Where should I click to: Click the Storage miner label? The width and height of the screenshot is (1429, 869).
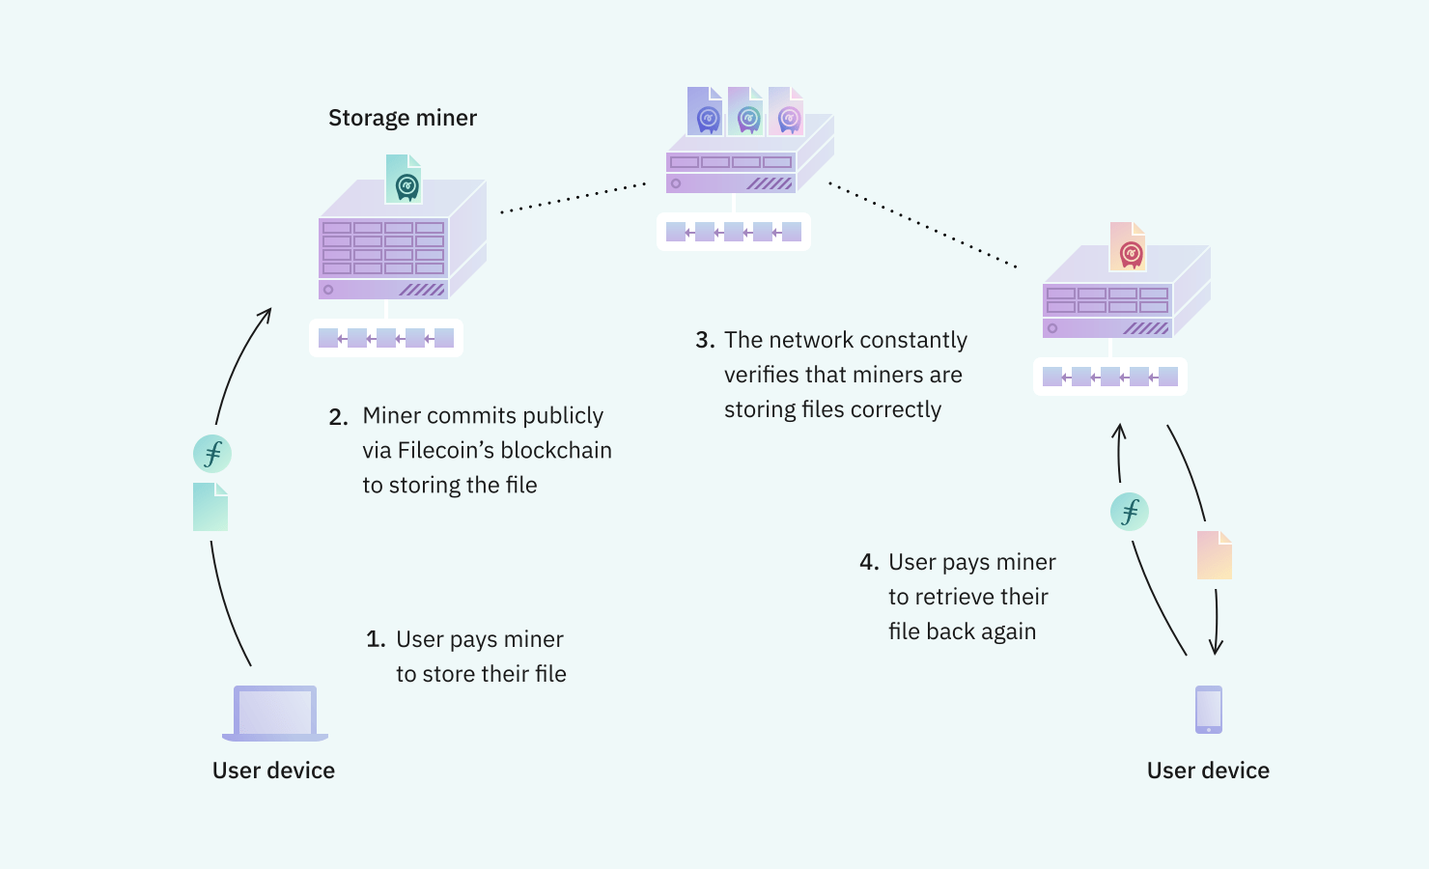click(x=402, y=118)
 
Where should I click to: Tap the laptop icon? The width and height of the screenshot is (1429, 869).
click(x=275, y=714)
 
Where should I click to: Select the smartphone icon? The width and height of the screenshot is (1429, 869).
click(x=1208, y=710)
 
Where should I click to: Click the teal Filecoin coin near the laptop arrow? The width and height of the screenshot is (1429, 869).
click(x=212, y=454)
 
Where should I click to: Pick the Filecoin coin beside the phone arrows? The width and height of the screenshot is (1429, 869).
click(x=1129, y=512)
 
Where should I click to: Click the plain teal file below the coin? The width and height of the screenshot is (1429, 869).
click(x=210, y=507)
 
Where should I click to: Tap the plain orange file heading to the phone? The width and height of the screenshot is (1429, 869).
click(x=1214, y=555)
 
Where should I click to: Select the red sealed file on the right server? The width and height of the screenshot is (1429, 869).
click(x=1128, y=247)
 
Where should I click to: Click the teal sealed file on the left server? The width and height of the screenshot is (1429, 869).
click(x=405, y=180)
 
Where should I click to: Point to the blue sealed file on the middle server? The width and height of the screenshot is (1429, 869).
click(x=705, y=111)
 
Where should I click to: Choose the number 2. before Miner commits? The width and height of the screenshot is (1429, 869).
click(x=338, y=417)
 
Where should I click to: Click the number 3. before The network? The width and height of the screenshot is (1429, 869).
click(x=705, y=341)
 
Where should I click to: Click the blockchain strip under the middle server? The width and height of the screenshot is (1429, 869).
click(x=734, y=232)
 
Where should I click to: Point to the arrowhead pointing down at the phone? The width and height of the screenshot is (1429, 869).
click(x=1216, y=648)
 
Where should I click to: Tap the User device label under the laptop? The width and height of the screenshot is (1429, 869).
click(x=273, y=771)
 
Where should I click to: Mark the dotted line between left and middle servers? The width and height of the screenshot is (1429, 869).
click(x=574, y=198)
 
